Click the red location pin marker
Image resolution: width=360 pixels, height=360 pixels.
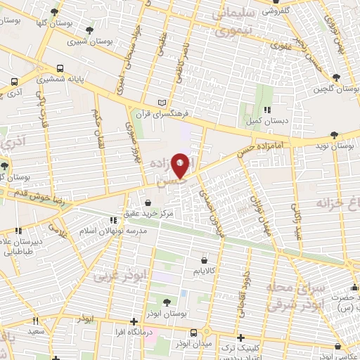tap(181, 165)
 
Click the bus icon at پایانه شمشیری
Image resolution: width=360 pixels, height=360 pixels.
tap(60, 69)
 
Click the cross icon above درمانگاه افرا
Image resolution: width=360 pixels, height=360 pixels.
tap(133, 321)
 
